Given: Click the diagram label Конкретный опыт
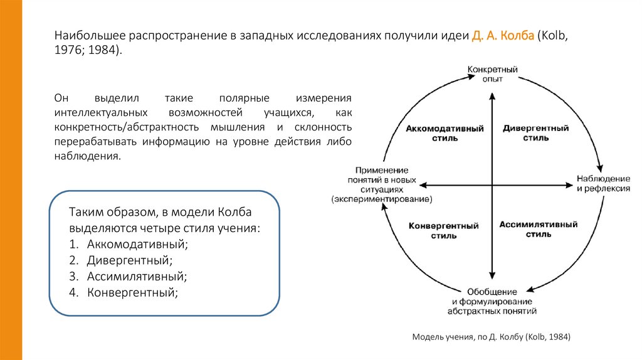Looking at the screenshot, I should [x=492, y=73].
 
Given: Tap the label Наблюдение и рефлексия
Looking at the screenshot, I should [x=603, y=184].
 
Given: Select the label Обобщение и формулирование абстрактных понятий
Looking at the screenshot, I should [x=492, y=301].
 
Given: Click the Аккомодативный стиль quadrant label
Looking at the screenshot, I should [x=445, y=133].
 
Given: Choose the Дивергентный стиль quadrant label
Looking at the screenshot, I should [x=535, y=133].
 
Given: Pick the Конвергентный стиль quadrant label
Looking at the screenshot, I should [x=444, y=230].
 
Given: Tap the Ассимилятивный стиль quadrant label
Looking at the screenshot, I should [x=538, y=229].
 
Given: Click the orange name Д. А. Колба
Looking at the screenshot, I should [x=503, y=36].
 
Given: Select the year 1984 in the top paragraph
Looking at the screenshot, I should [x=102, y=50].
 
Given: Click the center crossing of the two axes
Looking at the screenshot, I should [x=493, y=184].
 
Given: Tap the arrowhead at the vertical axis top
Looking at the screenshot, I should [x=493, y=95].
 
